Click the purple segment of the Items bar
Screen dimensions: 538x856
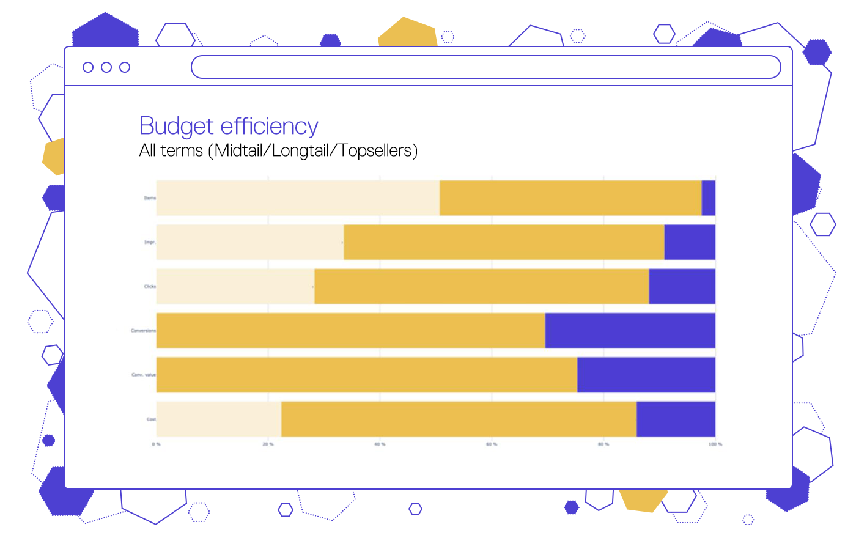709,197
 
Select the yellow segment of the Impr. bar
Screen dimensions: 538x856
504,242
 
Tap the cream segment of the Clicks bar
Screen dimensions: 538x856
235,286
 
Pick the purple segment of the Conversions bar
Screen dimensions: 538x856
630,331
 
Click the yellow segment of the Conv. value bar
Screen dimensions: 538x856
367,375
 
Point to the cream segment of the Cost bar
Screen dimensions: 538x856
218,419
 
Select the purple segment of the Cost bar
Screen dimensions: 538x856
676,419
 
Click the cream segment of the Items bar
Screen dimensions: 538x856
298,197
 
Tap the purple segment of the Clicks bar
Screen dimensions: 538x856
682,286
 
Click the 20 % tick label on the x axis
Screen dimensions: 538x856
268,444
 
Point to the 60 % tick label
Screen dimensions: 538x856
492,444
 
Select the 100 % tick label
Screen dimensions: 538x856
715,444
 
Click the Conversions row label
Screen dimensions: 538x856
143,331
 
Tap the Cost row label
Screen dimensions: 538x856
151,419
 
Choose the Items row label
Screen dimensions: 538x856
150,198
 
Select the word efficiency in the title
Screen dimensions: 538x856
270,127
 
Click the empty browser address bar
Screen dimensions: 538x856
486,67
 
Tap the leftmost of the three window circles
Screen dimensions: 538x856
88,67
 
